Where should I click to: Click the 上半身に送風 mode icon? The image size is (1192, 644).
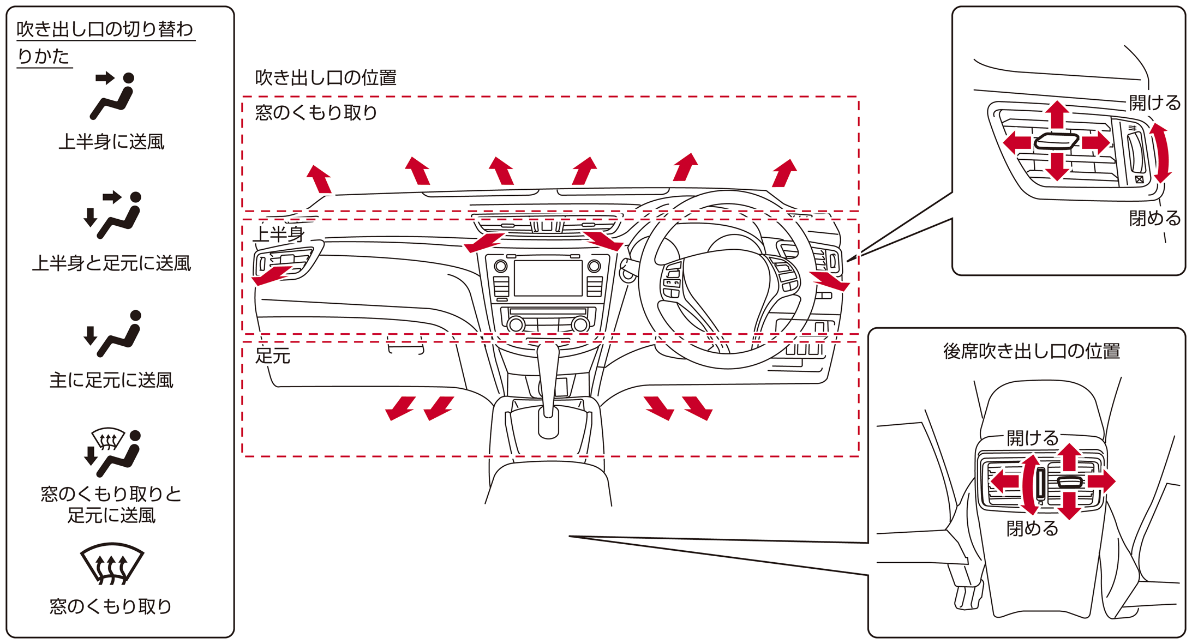[x=113, y=95]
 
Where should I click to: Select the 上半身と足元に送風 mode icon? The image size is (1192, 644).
[x=113, y=215]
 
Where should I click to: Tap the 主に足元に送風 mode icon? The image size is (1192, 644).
[x=113, y=334]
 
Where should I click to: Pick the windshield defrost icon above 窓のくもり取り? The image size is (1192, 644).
[x=112, y=563]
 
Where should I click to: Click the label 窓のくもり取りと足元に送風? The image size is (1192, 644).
[x=111, y=504]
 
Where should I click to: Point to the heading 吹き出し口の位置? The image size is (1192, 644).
[x=326, y=78]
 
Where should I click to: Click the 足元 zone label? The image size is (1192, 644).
[x=273, y=356]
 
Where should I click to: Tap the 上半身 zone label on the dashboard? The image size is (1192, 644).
[x=279, y=234]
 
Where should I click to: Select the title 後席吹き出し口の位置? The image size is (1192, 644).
[x=1032, y=351]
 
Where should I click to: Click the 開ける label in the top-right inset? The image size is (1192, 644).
[x=1154, y=103]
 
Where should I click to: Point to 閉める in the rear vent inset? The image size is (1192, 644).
[x=1032, y=528]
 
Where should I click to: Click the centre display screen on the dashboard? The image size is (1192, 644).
[x=548, y=278]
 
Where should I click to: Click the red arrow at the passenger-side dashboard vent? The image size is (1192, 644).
[x=272, y=275]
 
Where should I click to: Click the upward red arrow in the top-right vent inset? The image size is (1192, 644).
[x=1057, y=115]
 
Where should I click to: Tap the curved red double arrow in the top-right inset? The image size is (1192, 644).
[x=1160, y=153]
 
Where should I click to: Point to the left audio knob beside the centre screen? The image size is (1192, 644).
[x=500, y=266]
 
